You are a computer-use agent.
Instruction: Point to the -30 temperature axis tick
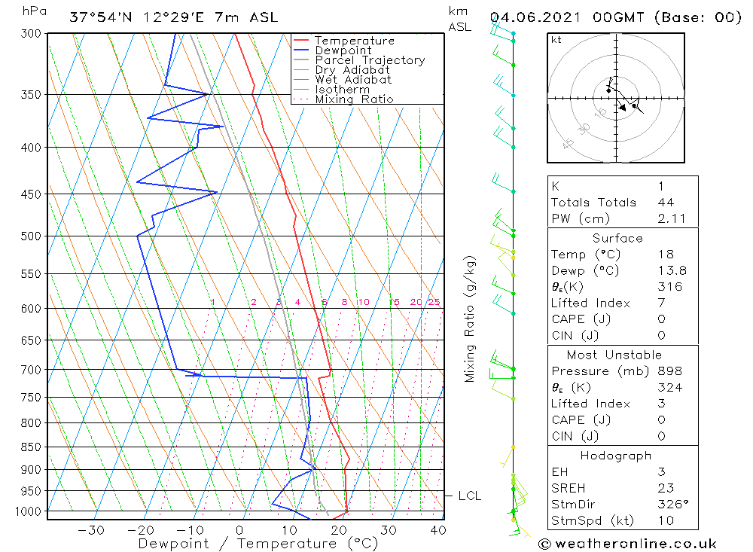91,530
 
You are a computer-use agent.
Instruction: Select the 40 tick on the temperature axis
437,530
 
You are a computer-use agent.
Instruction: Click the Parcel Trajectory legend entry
370,60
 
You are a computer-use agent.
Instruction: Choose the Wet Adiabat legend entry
353,80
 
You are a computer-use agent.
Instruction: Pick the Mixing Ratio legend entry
354,99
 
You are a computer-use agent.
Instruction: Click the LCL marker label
469,496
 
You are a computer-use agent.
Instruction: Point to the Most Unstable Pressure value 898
669,371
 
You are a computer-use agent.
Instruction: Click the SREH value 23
665,488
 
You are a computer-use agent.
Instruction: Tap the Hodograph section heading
616,456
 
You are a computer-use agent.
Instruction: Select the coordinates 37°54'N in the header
99,17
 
